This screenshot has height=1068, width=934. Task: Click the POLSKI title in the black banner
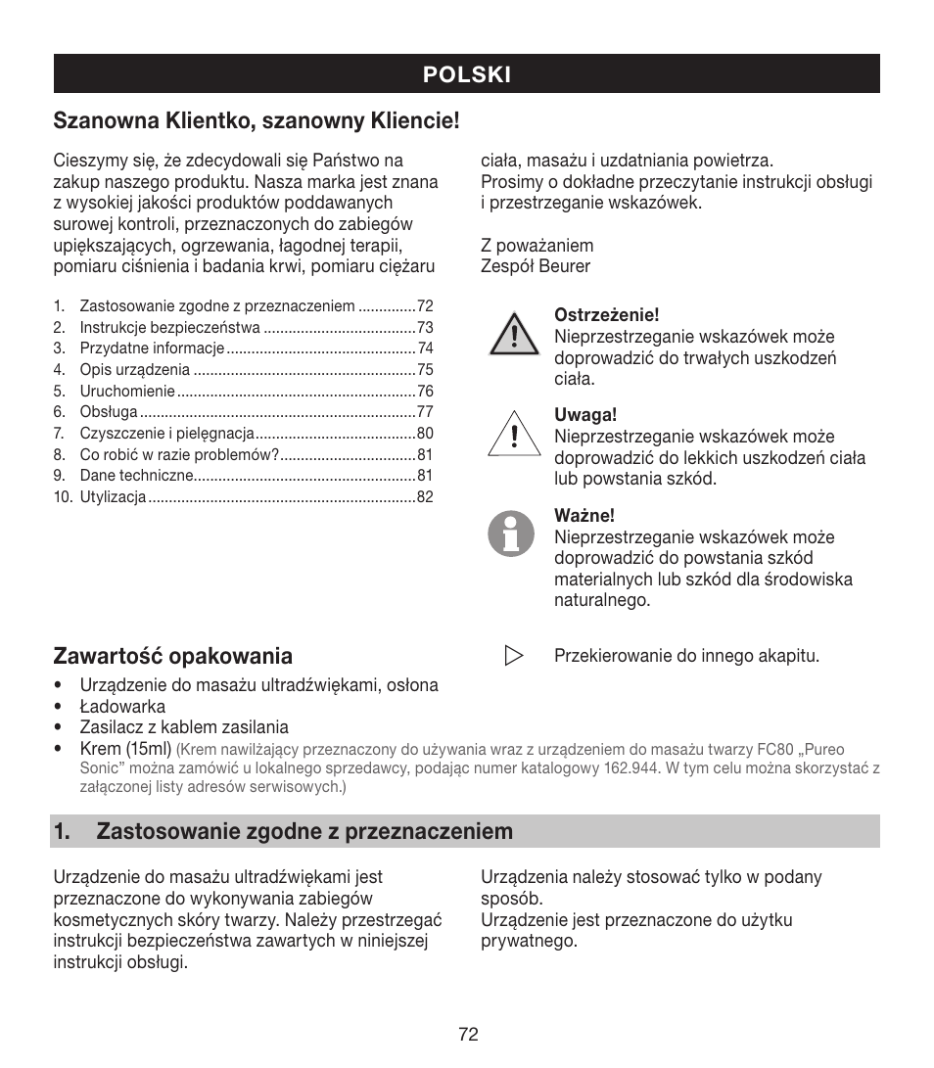(x=467, y=74)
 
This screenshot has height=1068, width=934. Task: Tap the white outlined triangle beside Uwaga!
(x=514, y=433)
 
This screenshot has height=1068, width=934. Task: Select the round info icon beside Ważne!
(x=511, y=534)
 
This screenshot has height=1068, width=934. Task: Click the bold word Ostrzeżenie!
(x=607, y=315)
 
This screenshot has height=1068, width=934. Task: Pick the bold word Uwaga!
(x=585, y=415)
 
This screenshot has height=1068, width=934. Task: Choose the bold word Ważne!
(x=584, y=516)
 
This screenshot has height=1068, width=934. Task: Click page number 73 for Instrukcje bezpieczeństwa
(x=425, y=328)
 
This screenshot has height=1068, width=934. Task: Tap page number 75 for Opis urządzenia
(x=425, y=370)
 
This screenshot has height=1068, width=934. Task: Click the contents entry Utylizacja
(x=113, y=497)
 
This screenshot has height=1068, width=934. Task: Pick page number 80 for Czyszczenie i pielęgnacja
(x=425, y=434)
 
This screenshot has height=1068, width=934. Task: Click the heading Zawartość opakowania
(x=173, y=655)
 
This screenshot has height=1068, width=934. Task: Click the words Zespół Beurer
(x=536, y=266)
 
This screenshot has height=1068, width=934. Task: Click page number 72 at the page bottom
(x=467, y=1035)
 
